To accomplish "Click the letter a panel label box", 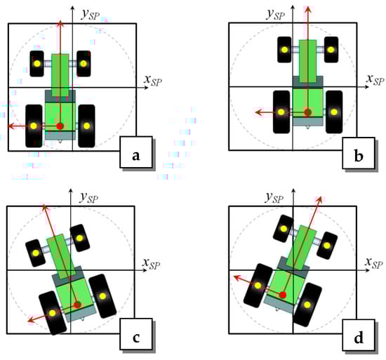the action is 136,152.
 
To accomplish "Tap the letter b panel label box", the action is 359,153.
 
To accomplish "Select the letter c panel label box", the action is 136,334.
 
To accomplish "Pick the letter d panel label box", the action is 359,335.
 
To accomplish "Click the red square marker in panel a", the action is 60,126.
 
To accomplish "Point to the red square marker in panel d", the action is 283,295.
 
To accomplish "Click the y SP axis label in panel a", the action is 91,14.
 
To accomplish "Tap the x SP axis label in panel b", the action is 375,79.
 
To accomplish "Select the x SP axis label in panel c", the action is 151,264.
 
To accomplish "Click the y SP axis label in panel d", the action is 274,198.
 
